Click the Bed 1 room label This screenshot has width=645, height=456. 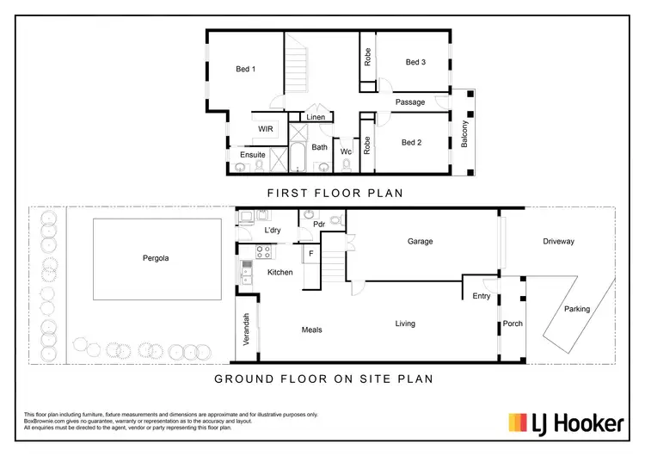[246, 70]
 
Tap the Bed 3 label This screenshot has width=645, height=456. [416, 62]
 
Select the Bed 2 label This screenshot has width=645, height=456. [411, 143]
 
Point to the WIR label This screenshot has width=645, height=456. [266, 129]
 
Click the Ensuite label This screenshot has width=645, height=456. [253, 155]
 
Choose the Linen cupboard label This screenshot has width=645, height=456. [316, 117]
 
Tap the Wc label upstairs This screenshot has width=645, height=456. [346, 151]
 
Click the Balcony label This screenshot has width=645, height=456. [465, 133]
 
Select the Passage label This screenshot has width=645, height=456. [410, 102]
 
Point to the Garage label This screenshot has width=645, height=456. [420, 242]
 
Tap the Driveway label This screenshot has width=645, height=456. [558, 242]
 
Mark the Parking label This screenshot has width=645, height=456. [577, 309]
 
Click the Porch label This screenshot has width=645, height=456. [513, 324]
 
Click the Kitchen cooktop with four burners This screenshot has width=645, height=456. [262, 252]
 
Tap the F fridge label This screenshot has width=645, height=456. [311, 256]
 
